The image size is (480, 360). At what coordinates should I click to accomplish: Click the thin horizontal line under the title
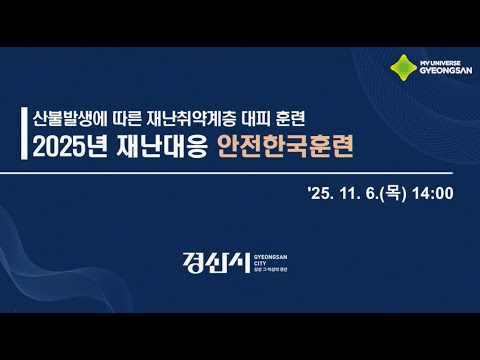[240, 173]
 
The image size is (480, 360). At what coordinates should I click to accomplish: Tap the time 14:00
[433, 193]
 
